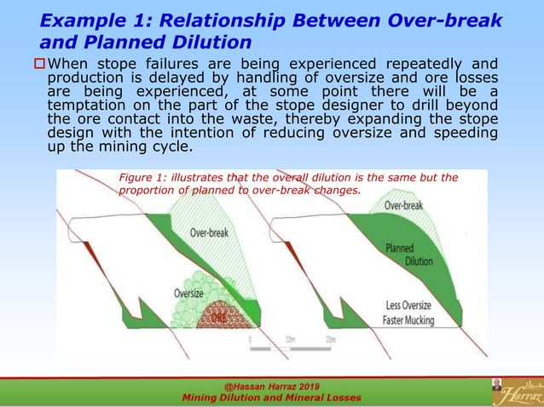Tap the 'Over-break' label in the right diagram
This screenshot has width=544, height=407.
(x=403, y=205)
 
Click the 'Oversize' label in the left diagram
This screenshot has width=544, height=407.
(x=188, y=292)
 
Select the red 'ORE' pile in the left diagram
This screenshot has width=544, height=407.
(x=221, y=318)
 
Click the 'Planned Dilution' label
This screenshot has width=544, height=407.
(x=408, y=255)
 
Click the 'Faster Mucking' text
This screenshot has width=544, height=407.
(x=408, y=321)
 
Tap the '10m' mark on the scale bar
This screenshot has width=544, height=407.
(x=292, y=339)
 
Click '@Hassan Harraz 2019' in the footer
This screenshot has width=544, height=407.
(x=271, y=386)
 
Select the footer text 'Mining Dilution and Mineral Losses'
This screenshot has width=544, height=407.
(x=271, y=398)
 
